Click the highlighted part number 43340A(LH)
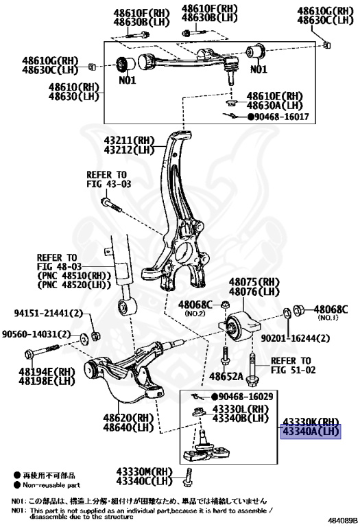310,432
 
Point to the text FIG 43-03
108,185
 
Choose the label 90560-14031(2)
36,334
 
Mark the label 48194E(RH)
47,371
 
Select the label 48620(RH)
126,417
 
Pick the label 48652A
227,377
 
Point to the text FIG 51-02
290,371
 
